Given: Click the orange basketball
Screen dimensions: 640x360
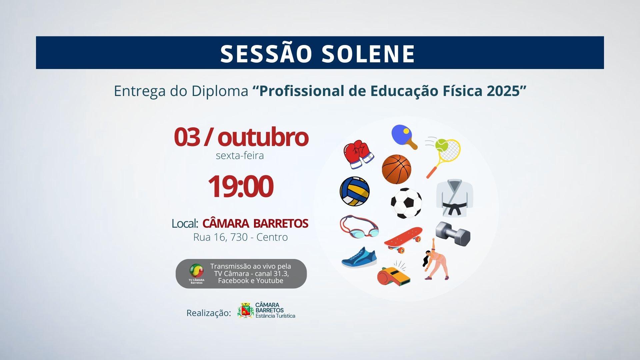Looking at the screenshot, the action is (396, 169).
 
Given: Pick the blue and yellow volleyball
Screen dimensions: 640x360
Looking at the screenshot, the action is (355, 191).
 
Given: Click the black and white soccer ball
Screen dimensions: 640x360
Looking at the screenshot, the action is (406, 203).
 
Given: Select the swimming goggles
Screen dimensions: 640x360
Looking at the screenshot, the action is (359, 227).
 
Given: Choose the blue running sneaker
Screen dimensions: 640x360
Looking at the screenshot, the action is (359, 257).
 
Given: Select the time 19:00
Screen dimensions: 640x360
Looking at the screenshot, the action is (240, 186).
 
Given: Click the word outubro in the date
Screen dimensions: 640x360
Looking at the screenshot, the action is (263, 137).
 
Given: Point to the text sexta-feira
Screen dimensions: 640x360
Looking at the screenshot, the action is (240, 156).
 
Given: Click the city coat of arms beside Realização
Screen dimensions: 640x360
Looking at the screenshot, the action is (246, 310).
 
